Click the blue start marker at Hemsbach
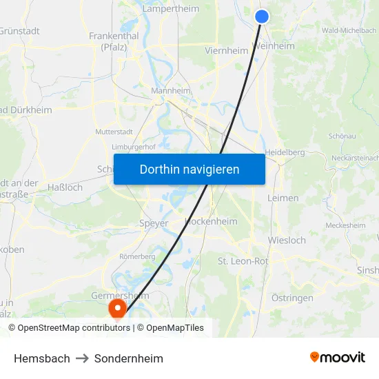261,17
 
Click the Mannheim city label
171,90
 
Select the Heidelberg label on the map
285,152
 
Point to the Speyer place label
154,223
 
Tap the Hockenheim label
212,222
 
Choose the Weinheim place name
274,46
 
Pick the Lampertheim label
170,9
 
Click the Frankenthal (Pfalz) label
114,41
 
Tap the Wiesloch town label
287,240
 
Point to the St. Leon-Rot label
243,261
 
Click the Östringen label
292,298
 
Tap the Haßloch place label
65,187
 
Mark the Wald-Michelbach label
349,30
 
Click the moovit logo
338,357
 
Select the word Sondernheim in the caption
129,358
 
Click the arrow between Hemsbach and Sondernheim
82,358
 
